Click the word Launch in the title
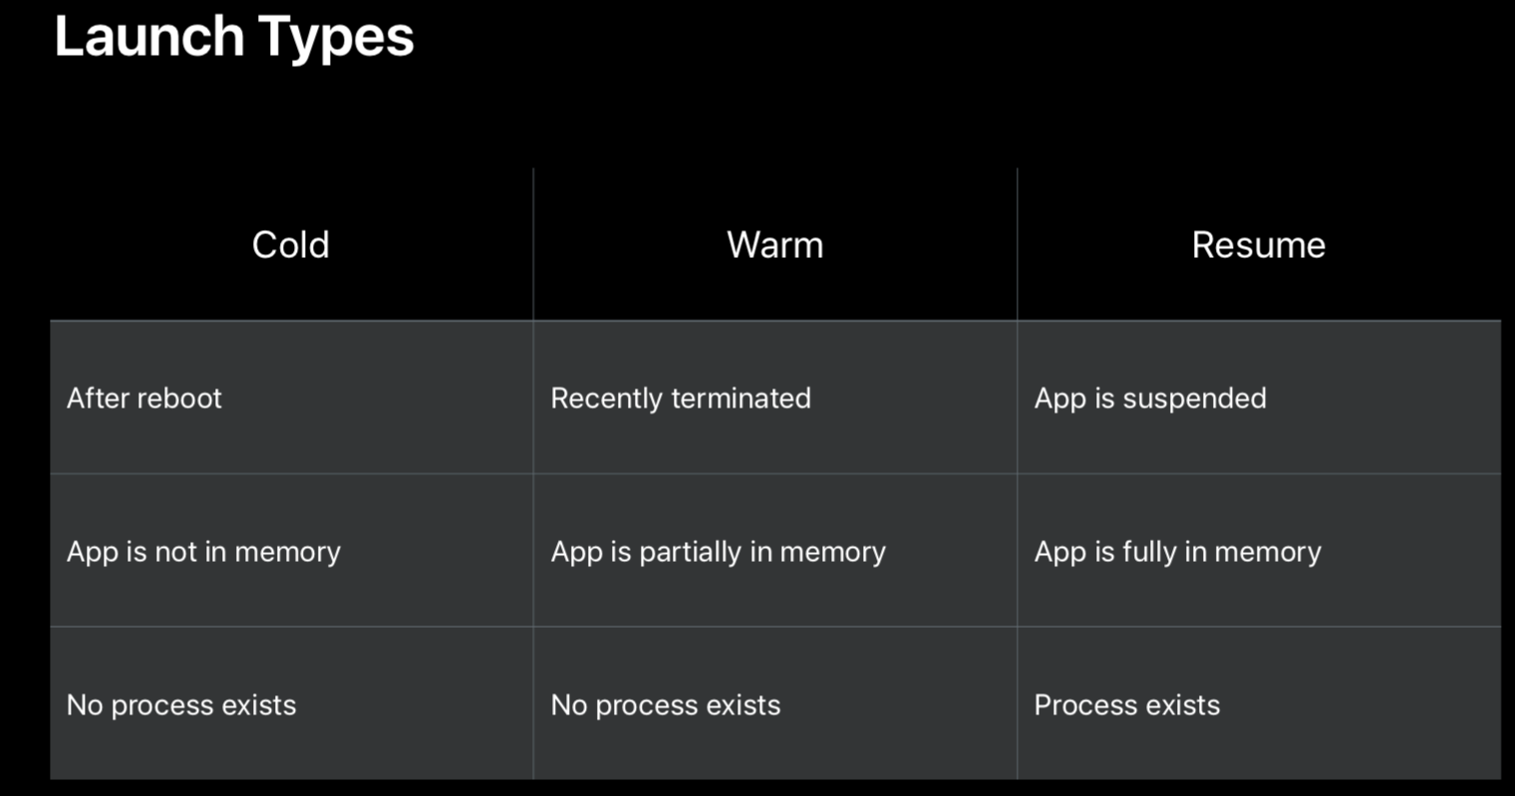(x=150, y=36)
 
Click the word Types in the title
(x=336, y=39)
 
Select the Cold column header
(x=291, y=244)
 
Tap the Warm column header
(x=775, y=244)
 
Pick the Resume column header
(x=1259, y=244)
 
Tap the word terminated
(x=742, y=398)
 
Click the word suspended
(x=1194, y=398)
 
